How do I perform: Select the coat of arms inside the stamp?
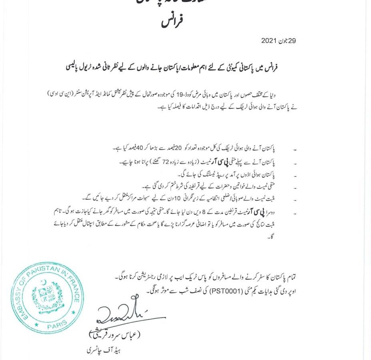(48, 298)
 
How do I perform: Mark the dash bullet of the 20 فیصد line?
(295, 150)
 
